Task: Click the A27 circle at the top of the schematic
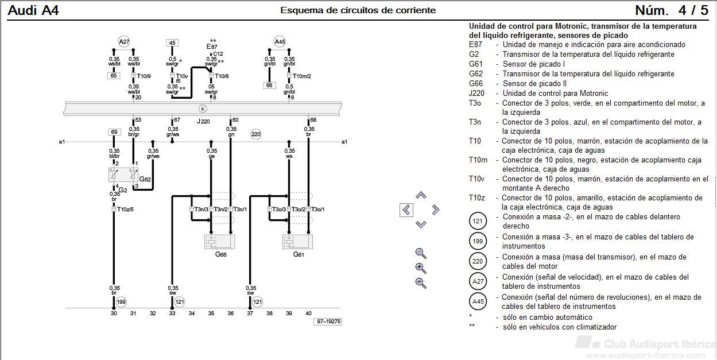pyautogui.click(x=124, y=42)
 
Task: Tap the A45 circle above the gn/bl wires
pyautogui.click(x=280, y=42)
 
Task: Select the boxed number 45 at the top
pyautogui.click(x=172, y=43)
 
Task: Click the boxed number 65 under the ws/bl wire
pyautogui.click(x=114, y=76)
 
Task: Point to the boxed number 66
pyautogui.click(x=269, y=86)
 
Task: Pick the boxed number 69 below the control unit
pyautogui.click(x=114, y=132)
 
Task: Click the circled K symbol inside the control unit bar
pyautogui.click(x=203, y=109)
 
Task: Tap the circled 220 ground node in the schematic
pyautogui.click(x=256, y=134)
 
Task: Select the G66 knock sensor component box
pyautogui.click(x=220, y=242)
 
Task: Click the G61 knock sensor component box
pyautogui.click(x=297, y=242)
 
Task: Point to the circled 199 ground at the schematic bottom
pyautogui.click(x=121, y=301)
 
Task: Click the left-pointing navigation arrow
pyautogui.click(x=406, y=210)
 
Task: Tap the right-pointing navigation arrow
pyautogui.click(x=435, y=210)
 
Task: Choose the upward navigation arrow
pyautogui.click(x=421, y=195)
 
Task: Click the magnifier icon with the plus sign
pyautogui.click(x=421, y=268)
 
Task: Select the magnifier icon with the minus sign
pyautogui.click(x=421, y=283)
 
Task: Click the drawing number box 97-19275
pyautogui.click(x=328, y=322)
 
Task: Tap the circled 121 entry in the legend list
pyautogui.click(x=478, y=221)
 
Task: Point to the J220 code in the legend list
pyautogui.click(x=476, y=93)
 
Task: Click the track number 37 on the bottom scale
pyautogui.click(x=250, y=313)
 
